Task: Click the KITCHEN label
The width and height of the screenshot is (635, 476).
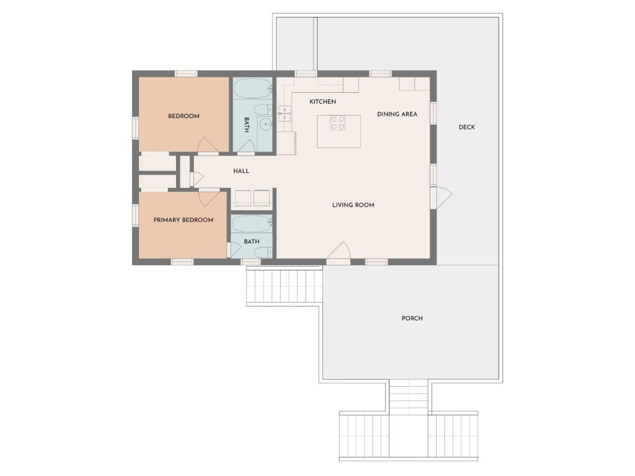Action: (322, 102)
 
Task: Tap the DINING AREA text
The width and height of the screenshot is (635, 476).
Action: (397, 114)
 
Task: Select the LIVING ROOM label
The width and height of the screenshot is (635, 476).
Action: (353, 205)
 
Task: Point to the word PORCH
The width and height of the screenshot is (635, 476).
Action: (412, 318)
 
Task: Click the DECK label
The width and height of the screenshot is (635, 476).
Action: (466, 127)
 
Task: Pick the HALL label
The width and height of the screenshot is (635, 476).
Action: (241, 171)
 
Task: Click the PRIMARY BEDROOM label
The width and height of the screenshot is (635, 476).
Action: (183, 220)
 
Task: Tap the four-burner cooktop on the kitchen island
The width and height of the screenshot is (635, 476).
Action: (338, 123)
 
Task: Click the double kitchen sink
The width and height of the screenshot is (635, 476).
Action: (284, 114)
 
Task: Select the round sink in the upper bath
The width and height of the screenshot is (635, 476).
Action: (265, 125)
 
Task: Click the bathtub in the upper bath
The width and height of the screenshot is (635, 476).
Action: (253, 89)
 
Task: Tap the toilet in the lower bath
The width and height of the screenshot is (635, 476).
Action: (263, 252)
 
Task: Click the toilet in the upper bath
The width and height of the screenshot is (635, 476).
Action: (263, 110)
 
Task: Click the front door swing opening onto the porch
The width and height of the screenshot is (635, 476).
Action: (338, 250)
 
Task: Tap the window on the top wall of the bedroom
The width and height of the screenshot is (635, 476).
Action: (186, 73)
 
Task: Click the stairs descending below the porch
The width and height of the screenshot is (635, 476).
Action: (408, 396)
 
